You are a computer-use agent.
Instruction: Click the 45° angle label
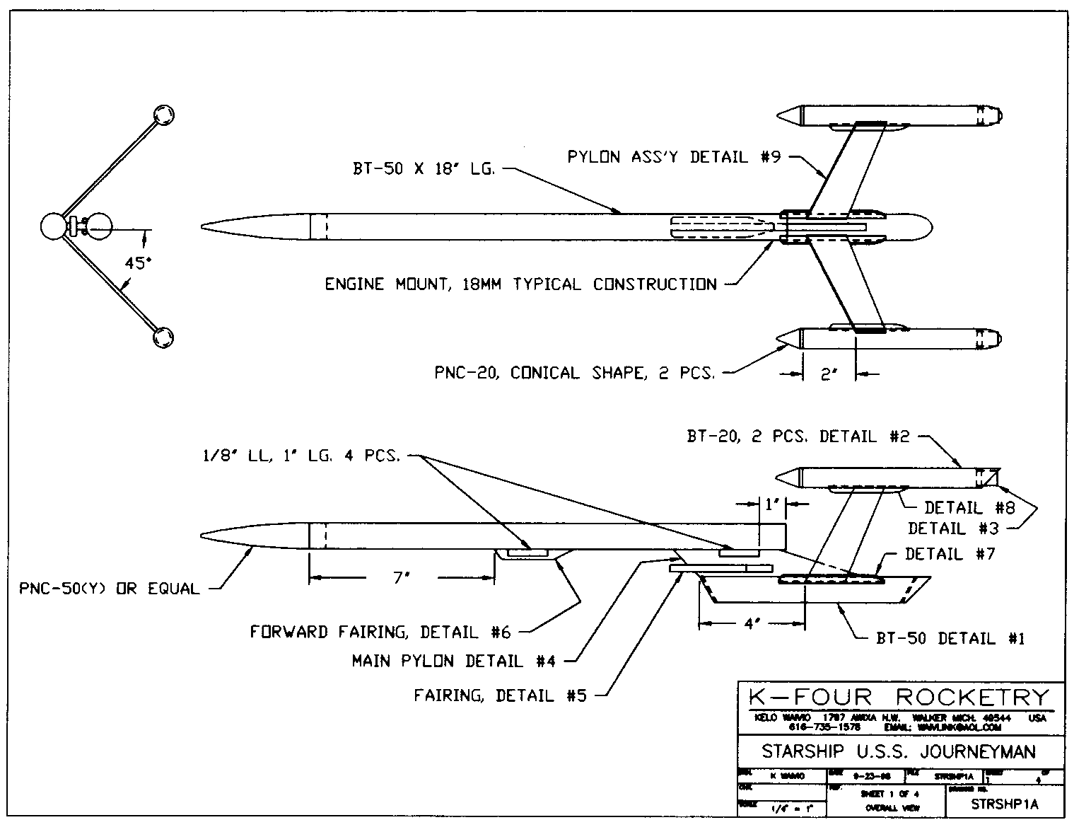tap(138, 263)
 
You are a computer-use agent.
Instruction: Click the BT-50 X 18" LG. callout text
tap(424, 170)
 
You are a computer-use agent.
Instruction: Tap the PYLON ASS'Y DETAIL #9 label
tap(674, 157)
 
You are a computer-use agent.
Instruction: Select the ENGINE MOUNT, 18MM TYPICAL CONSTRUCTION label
tap(520, 284)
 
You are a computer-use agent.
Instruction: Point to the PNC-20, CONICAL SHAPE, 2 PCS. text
tap(574, 373)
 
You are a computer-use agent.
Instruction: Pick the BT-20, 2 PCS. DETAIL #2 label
tap(798, 437)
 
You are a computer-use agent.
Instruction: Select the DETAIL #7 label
tap(950, 554)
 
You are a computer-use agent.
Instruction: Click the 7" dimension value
tap(402, 578)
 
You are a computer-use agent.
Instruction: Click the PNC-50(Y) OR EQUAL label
tap(110, 589)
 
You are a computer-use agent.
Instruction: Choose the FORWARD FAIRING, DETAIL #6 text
tap(380, 632)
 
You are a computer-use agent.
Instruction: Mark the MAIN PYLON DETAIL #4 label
tap(453, 661)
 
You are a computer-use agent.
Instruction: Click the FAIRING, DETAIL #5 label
tap(500, 696)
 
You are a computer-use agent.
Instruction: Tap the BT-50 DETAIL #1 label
tap(950, 639)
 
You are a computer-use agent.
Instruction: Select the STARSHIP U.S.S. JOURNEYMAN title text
tap(898, 751)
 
